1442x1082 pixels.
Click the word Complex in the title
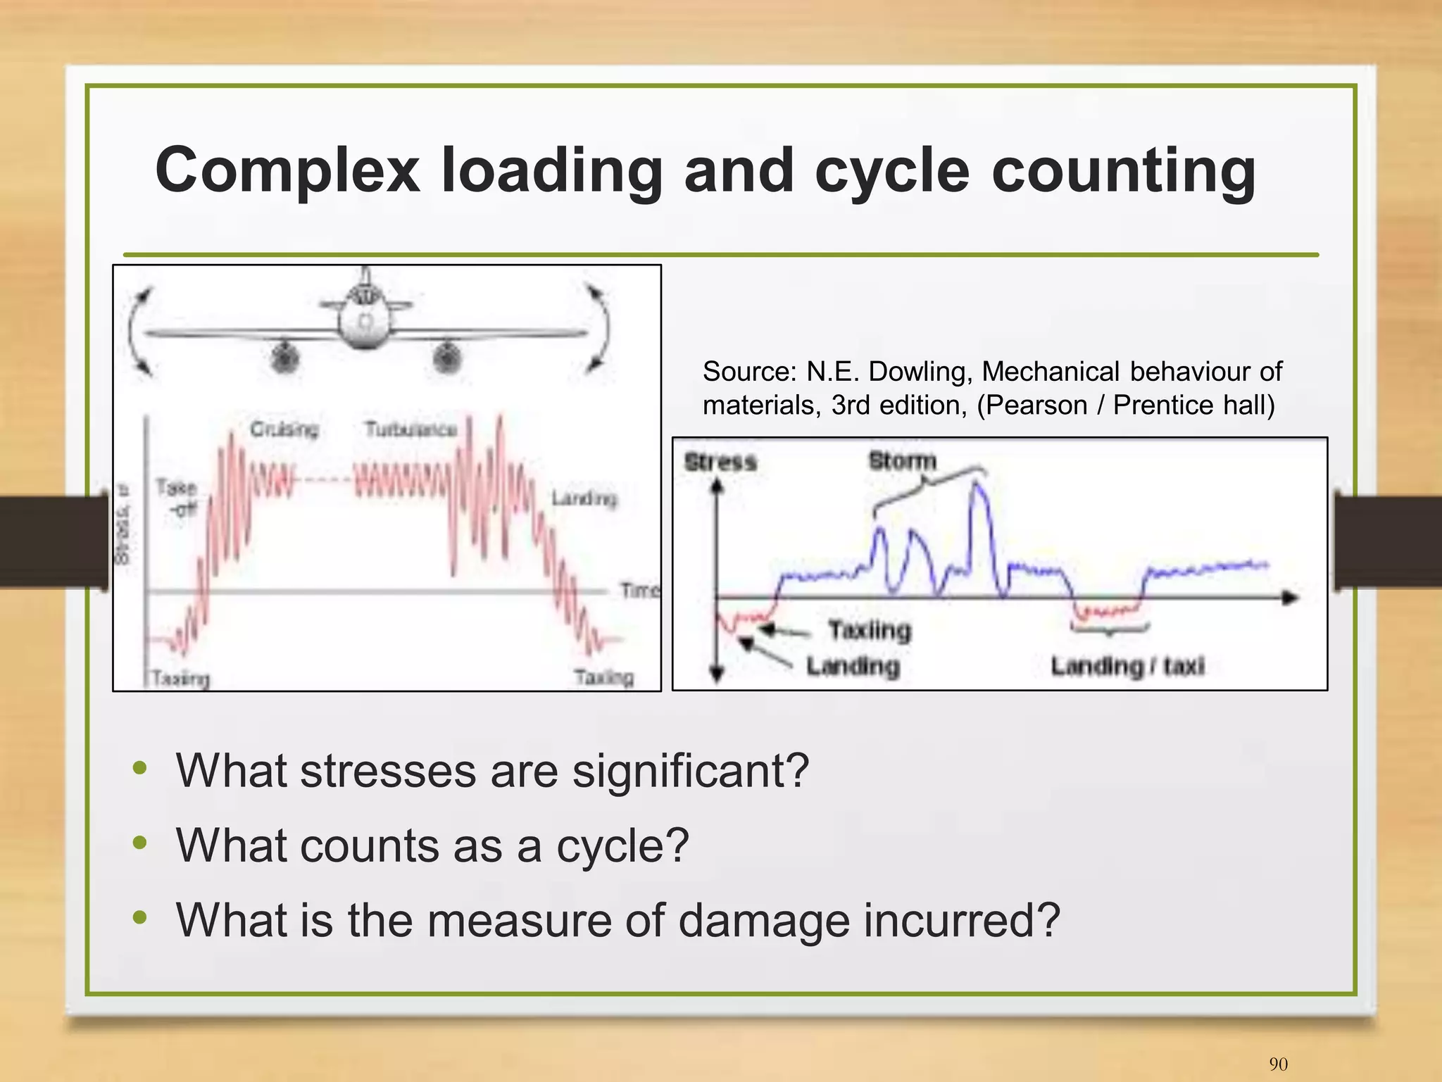(287, 171)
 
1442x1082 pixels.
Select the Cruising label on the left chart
(284, 429)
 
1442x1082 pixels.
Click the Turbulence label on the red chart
(410, 429)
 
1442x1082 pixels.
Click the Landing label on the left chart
(584, 499)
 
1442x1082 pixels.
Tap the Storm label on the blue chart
(902, 461)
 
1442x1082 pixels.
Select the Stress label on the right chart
(720, 462)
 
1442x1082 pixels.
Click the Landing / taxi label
(1127, 665)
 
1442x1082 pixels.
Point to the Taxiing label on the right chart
(870, 629)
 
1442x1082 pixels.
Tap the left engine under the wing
(284, 358)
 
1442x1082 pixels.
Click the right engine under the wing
(446, 358)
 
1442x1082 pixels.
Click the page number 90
(1278, 1064)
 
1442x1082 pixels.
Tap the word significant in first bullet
(690, 771)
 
